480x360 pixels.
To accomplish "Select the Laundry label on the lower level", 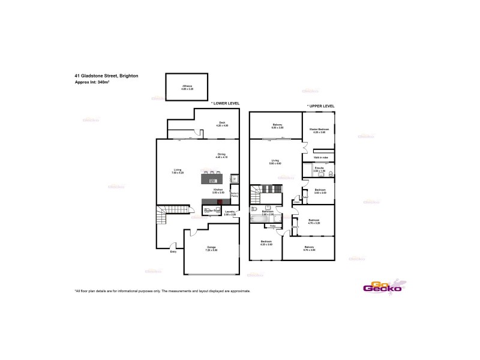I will pyautogui.click(x=230, y=212).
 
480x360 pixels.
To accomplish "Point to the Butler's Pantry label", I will pyautogui.click(x=235, y=195).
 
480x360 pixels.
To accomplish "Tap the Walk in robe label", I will pyautogui.click(x=320, y=158).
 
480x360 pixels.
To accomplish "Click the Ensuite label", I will pyautogui.click(x=319, y=170).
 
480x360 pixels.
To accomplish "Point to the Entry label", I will pyautogui.click(x=173, y=252).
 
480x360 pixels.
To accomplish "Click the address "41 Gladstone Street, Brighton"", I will pyautogui.click(x=106, y=76).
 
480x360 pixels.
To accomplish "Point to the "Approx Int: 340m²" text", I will pyautogui.click(x=92, y=82).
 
